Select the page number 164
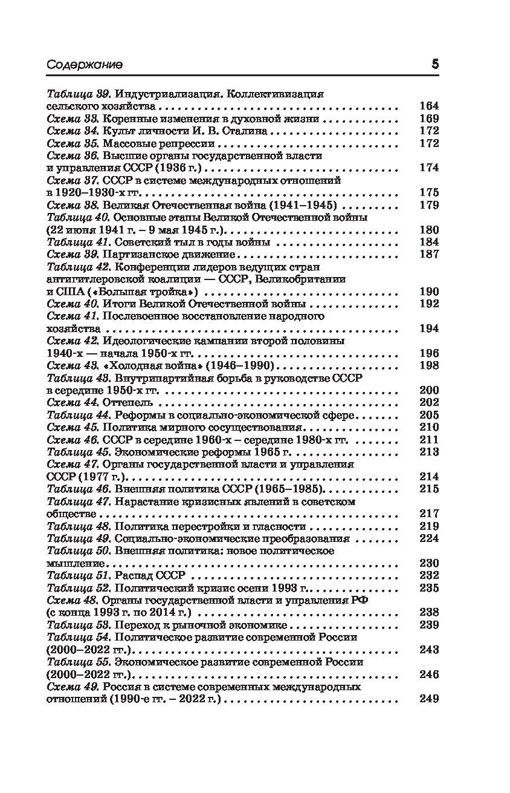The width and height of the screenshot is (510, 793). [x=428, y=106]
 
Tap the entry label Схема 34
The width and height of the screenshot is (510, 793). [x=73, y=131]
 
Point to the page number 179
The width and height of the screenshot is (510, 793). [x=428, y=205]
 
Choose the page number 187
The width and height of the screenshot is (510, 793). [x=428, y=254]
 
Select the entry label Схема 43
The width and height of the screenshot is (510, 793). [x=73, y=365]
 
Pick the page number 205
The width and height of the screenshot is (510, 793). [x=428, y=415]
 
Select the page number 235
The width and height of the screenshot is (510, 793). [x=428, y=588]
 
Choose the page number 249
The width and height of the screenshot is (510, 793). [x=428, y=699]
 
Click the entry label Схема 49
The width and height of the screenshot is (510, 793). [x=73, y=687]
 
